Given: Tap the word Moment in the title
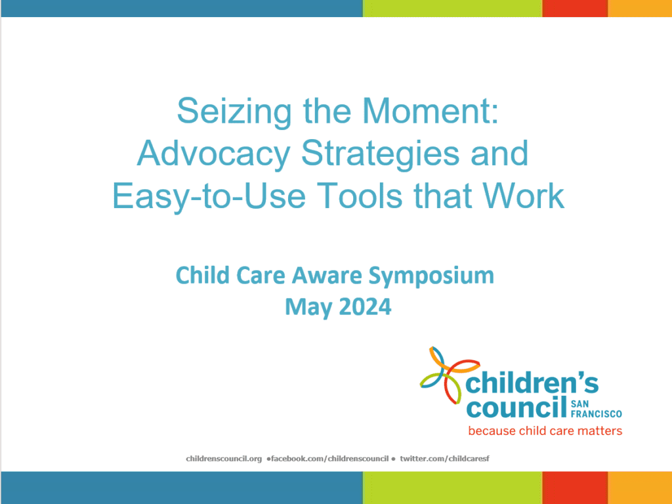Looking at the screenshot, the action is click(430, 111).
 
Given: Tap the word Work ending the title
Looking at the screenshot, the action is click(523, 196).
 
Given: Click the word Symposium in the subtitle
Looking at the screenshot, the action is click(431, 276).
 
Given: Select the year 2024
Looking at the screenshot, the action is click(365, 307).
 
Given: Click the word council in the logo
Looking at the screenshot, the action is click(517, 407).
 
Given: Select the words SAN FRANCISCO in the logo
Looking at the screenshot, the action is click(596, 409).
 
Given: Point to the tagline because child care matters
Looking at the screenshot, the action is click(545, 430).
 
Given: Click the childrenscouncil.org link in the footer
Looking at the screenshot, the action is click(224, 459).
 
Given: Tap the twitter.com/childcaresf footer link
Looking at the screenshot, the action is click(444, 459).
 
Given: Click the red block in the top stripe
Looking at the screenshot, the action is click(575, 8).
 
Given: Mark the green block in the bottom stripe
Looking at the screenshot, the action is click(453, 488).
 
